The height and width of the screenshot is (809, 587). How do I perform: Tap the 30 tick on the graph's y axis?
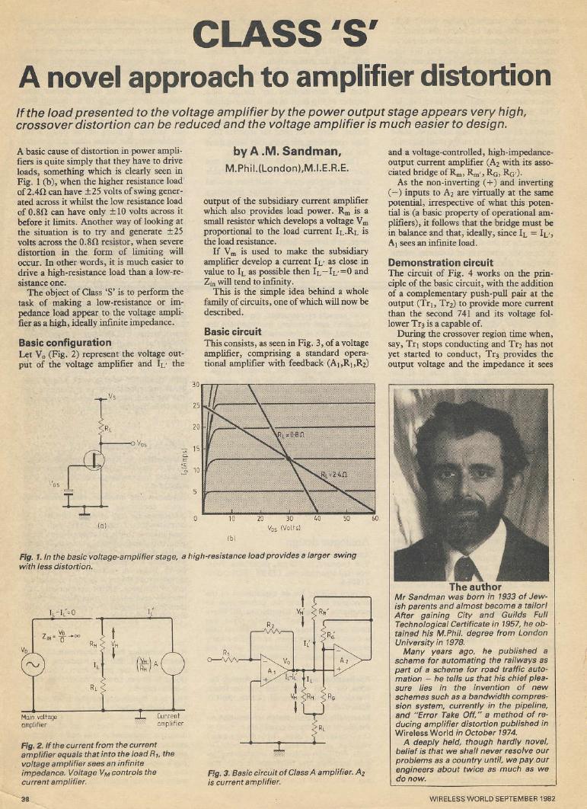[x=196, y=384]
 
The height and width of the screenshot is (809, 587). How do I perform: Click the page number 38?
[x=25, y=798]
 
